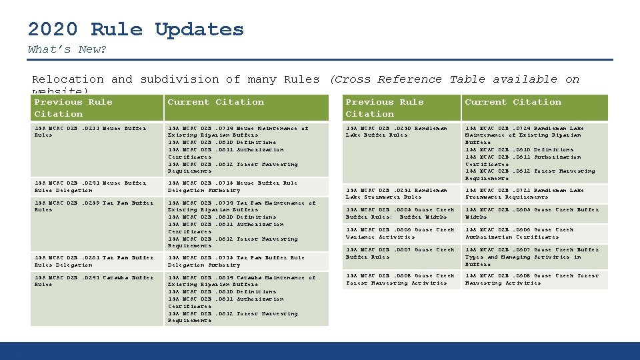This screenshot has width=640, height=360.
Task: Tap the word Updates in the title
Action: tap(199, 29)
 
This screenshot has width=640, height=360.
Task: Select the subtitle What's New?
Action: tap(67, 49)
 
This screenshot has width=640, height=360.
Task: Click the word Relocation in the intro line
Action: tap(68, 79)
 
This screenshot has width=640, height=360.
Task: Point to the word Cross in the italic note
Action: tap(351, 79)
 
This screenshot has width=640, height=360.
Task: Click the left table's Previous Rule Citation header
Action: tap(73, 108)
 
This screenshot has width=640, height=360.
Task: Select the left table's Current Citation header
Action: tap(215, 102)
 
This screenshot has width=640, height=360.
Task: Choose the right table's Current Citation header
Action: tap(513, 102)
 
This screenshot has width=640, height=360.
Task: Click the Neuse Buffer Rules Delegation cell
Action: tap(90, 186)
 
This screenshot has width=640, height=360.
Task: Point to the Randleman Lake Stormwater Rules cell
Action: tap(397, 193)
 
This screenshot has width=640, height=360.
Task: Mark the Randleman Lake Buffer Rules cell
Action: tap(396, 131)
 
